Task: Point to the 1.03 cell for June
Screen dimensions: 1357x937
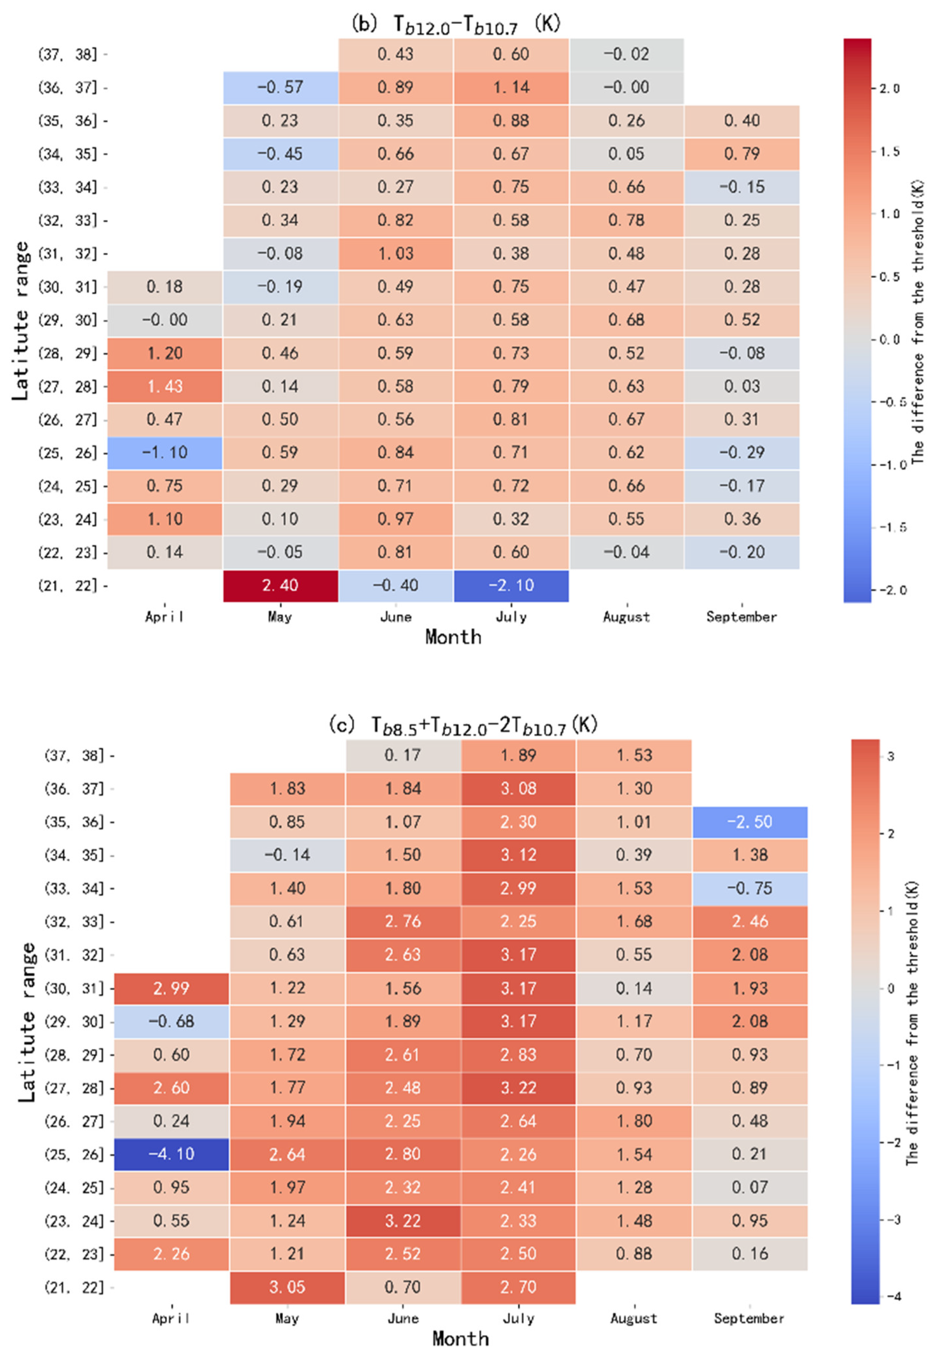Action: point(396,254)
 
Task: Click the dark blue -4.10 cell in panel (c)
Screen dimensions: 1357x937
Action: point(172,1154)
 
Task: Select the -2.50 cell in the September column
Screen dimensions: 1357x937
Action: point(750,821)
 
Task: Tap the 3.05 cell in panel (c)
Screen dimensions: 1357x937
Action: point(287,1287)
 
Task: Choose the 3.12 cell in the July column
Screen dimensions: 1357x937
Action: point(519,855)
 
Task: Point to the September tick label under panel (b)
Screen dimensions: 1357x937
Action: point(742,617)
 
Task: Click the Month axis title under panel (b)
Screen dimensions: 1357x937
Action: point(453,637)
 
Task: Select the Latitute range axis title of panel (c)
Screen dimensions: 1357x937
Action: point(27,1022)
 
